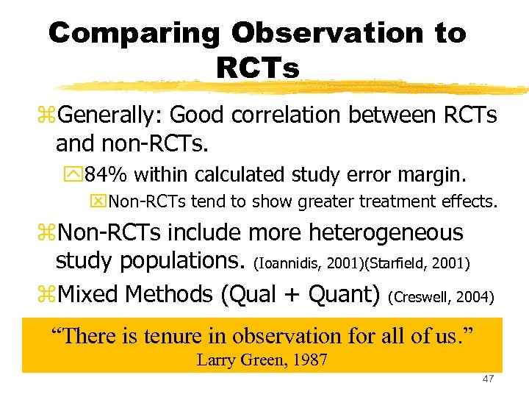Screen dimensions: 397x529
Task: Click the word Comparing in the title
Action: (x=133, y=34)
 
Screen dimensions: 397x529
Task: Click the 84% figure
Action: (x=107, y=175)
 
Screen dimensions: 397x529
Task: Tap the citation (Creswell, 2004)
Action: (x=441, y=297)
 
